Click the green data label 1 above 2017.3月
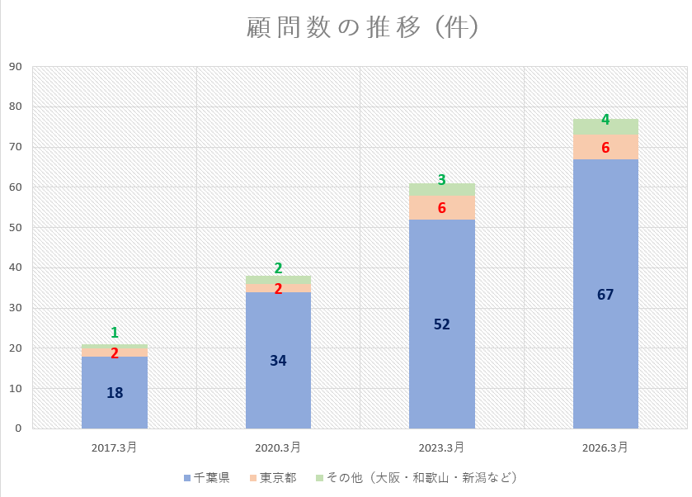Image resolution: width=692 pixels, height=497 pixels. pos(115,333)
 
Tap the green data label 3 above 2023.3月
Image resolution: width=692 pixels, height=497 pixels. pos(442,179)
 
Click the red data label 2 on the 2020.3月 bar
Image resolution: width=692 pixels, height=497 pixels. pos(278,289)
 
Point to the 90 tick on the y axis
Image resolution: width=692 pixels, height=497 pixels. pos(16,67)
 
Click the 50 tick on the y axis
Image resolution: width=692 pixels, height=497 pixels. pos(16,228)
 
